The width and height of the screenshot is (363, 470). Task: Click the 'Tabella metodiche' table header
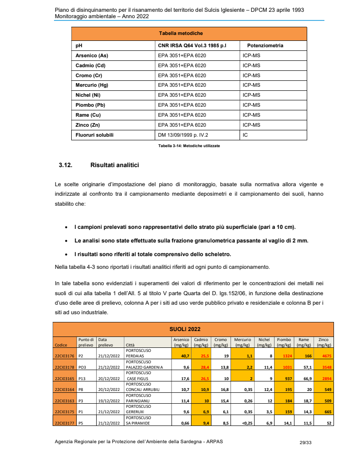181,34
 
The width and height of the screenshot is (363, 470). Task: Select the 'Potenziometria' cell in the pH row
265,46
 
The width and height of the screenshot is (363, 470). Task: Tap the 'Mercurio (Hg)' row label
91,85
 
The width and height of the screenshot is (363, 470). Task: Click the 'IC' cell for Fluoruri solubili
245,135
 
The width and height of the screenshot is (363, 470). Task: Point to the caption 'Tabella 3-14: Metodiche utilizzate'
189,146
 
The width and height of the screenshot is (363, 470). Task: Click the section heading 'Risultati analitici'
114,165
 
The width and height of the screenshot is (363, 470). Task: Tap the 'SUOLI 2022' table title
185,329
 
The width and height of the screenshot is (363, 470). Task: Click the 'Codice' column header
61,345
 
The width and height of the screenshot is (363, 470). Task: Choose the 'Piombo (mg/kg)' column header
284,342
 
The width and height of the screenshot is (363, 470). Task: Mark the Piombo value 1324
284,356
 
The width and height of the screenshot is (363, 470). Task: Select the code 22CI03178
64,367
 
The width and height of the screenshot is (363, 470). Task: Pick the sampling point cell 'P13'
83,378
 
